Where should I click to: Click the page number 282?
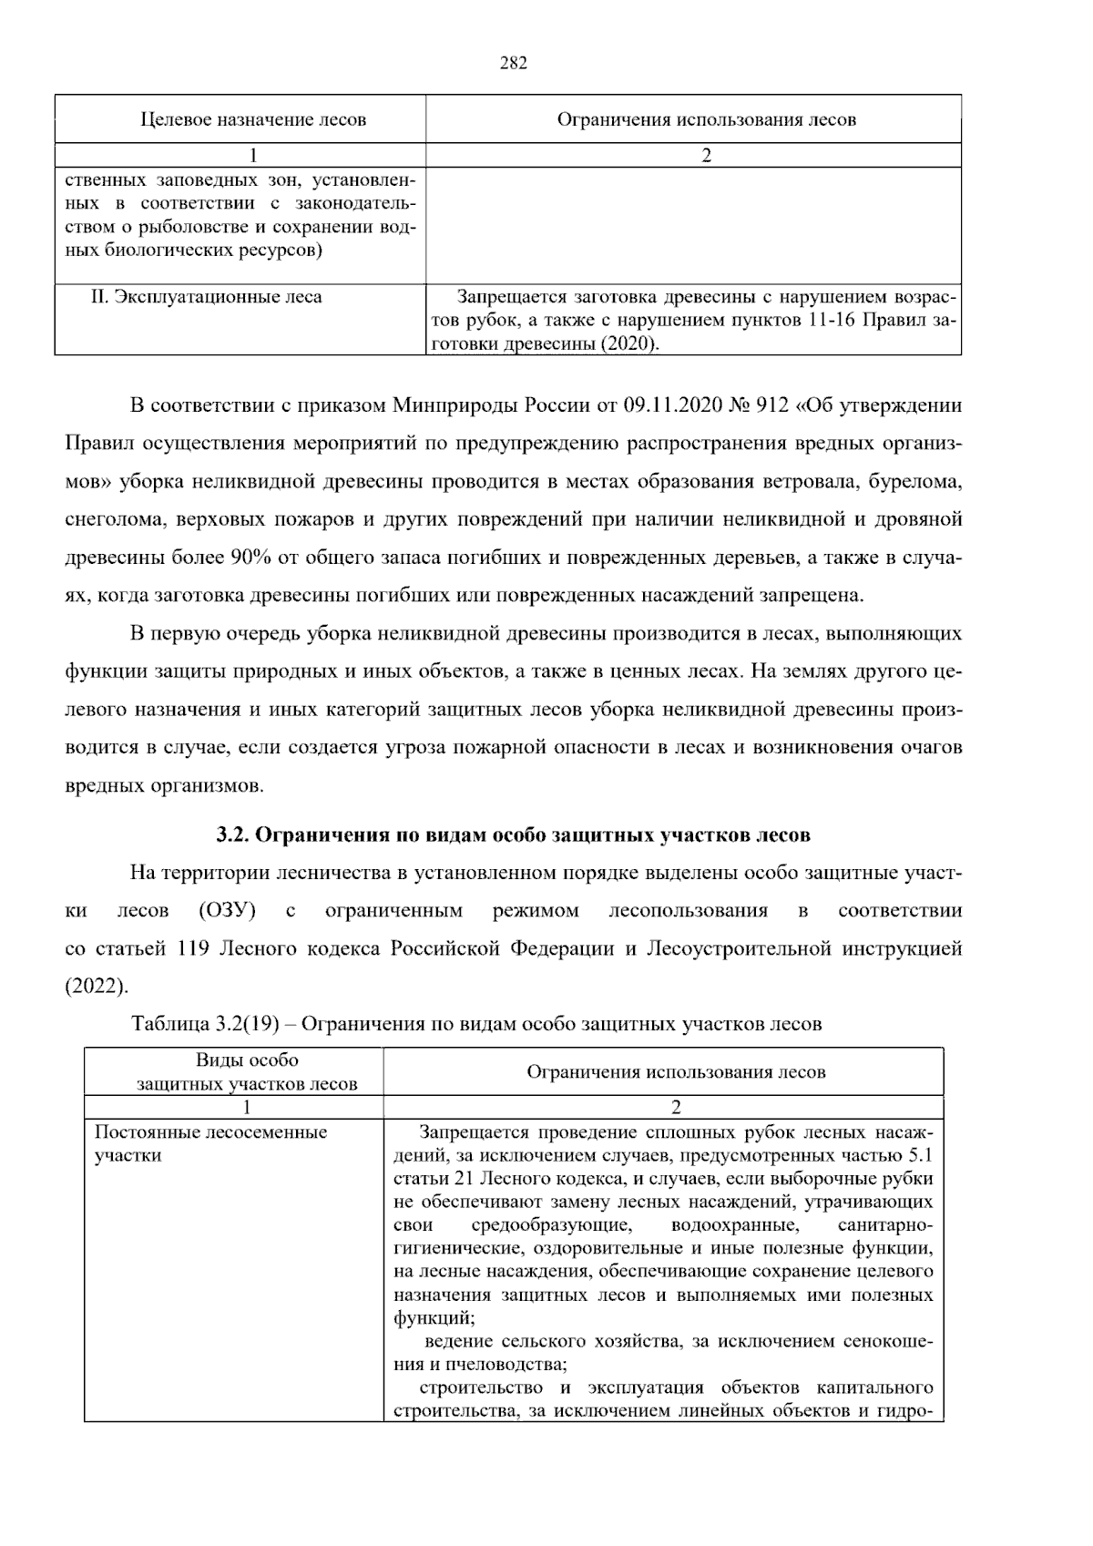pos(514,63)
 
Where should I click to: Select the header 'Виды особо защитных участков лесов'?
pos(247,1072)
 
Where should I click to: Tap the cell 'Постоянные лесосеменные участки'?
pos(210,1144)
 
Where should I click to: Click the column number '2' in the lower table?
pos(676,1108)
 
